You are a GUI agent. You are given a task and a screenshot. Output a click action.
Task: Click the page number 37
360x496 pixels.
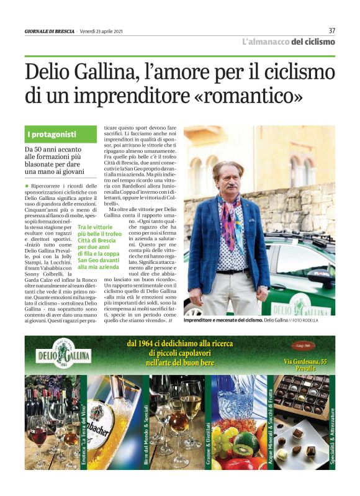(331, 30)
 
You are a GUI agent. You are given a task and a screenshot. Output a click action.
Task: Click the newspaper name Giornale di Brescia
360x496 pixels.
(50, 32)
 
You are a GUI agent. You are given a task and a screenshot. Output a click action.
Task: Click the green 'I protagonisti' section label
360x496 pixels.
(52, 134)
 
